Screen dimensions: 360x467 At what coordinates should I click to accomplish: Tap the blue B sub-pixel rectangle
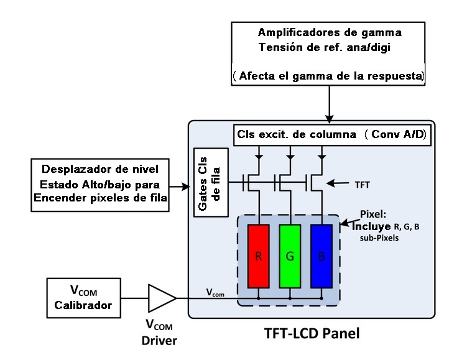(321, 256)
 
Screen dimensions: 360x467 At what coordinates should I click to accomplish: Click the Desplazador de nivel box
(99, 185)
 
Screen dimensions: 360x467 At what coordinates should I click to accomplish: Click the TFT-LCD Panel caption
(308, 333)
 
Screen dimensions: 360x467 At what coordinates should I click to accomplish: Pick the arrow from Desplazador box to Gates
(178, 185)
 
